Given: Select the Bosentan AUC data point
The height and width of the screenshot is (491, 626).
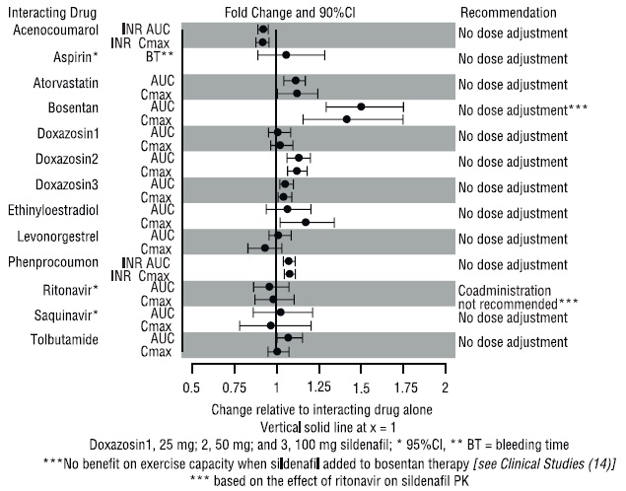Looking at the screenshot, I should click(361, 106).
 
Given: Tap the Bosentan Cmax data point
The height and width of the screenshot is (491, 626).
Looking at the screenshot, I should click(347, 119).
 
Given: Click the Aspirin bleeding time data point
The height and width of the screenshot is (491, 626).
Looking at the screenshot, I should click(286, 55).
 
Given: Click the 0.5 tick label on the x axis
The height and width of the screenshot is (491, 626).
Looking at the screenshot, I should click(192, 387).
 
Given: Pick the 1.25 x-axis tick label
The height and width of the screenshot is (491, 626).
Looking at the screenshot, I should click(319, 387).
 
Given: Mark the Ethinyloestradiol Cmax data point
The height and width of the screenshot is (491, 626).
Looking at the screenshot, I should click(305, 222).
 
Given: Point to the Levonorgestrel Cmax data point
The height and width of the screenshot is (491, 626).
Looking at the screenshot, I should click(264, 247).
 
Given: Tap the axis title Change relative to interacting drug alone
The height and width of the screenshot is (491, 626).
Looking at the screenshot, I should click(318, 408).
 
